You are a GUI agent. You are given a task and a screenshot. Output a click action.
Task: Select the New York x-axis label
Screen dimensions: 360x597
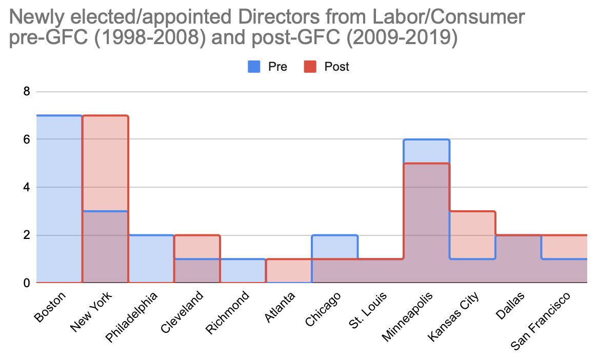click(x=93, y=309)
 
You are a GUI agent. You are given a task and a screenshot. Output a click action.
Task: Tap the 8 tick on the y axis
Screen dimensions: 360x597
click(x=27, y=92)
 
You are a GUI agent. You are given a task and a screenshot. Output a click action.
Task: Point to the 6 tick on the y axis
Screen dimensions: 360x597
click(x=27, y=139)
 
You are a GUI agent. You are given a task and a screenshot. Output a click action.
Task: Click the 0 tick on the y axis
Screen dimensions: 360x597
click(x=27, y=283)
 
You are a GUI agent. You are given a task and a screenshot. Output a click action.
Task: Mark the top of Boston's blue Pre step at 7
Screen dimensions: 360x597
click(x=59, y=115)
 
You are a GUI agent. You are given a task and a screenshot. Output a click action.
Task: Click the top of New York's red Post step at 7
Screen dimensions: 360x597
click(x=105, y=115)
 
